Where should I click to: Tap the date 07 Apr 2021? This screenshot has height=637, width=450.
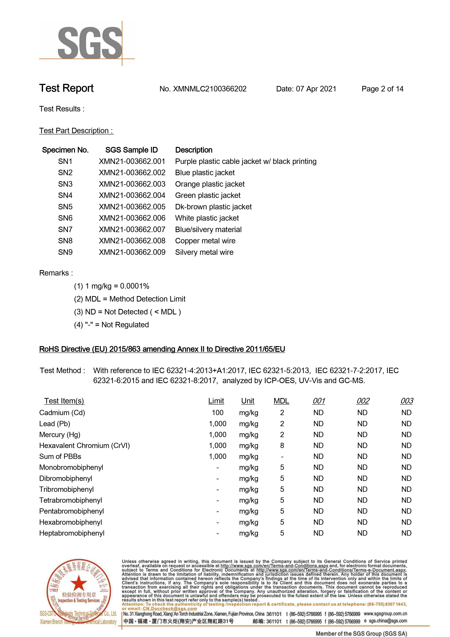click(316, 89)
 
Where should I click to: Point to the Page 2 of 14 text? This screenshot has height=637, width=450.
click(382, 89)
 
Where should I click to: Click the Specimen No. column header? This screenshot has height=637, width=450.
click(65, 150)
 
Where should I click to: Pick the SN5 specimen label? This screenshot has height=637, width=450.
click(65, 207)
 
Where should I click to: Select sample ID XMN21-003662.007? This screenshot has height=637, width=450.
click(132, 230)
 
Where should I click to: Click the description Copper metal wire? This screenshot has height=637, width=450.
click(205, 241)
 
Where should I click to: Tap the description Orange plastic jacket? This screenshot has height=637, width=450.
click(210, 184)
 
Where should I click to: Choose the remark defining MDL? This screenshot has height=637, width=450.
click(130, 299)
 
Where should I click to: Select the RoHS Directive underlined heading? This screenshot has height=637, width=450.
click(162, 349)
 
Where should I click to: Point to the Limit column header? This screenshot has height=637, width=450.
click(216, 401)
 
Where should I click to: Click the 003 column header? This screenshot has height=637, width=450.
click(406, 401)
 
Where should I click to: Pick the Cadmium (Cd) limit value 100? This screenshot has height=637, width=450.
click(218, 413)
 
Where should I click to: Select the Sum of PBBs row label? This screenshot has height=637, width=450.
click(60, 457)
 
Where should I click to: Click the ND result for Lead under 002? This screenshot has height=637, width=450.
click(362, 424)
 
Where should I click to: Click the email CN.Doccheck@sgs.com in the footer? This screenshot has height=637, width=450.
click(170, 609)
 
